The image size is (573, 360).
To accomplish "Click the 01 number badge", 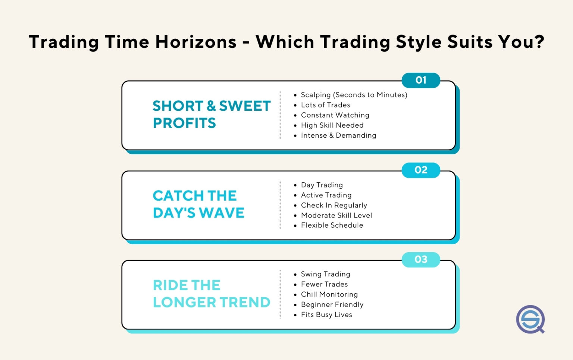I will click(421, 80).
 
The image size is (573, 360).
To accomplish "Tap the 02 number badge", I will click(421, 170).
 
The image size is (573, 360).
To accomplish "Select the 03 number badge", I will click(421, 260).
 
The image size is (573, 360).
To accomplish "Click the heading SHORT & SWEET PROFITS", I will click(211, 114).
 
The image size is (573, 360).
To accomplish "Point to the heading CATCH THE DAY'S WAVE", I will click(198, 204).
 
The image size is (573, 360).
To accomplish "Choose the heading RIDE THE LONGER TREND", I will click(211, 294).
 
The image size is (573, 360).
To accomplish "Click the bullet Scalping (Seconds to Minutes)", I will click(354, 95).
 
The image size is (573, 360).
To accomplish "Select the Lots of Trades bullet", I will click(325, 105).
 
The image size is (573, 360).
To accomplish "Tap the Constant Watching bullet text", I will click(335, 115).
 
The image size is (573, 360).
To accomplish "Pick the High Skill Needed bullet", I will click(332, 125).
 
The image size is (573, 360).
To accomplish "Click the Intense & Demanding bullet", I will click(338, 135).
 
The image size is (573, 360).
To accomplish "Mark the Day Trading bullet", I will click(322, 185).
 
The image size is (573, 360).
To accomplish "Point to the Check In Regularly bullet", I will click(334, 205).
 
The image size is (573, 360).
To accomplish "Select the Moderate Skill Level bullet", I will click(336, 215).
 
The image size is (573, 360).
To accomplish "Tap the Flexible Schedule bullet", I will click(332, 225).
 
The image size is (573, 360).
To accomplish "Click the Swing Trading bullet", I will click(325, 274).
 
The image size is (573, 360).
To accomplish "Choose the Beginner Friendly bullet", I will click(332, 304).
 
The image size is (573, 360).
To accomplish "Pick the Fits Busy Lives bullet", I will click(326, 314).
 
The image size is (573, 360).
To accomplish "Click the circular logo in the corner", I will click(530, 319).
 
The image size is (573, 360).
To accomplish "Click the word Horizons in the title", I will click(196, 42).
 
